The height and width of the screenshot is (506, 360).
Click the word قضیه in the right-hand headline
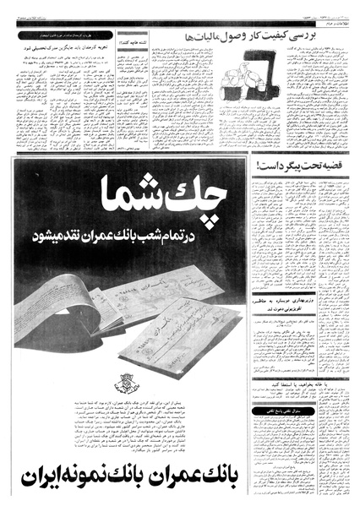[x=337, y=166]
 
